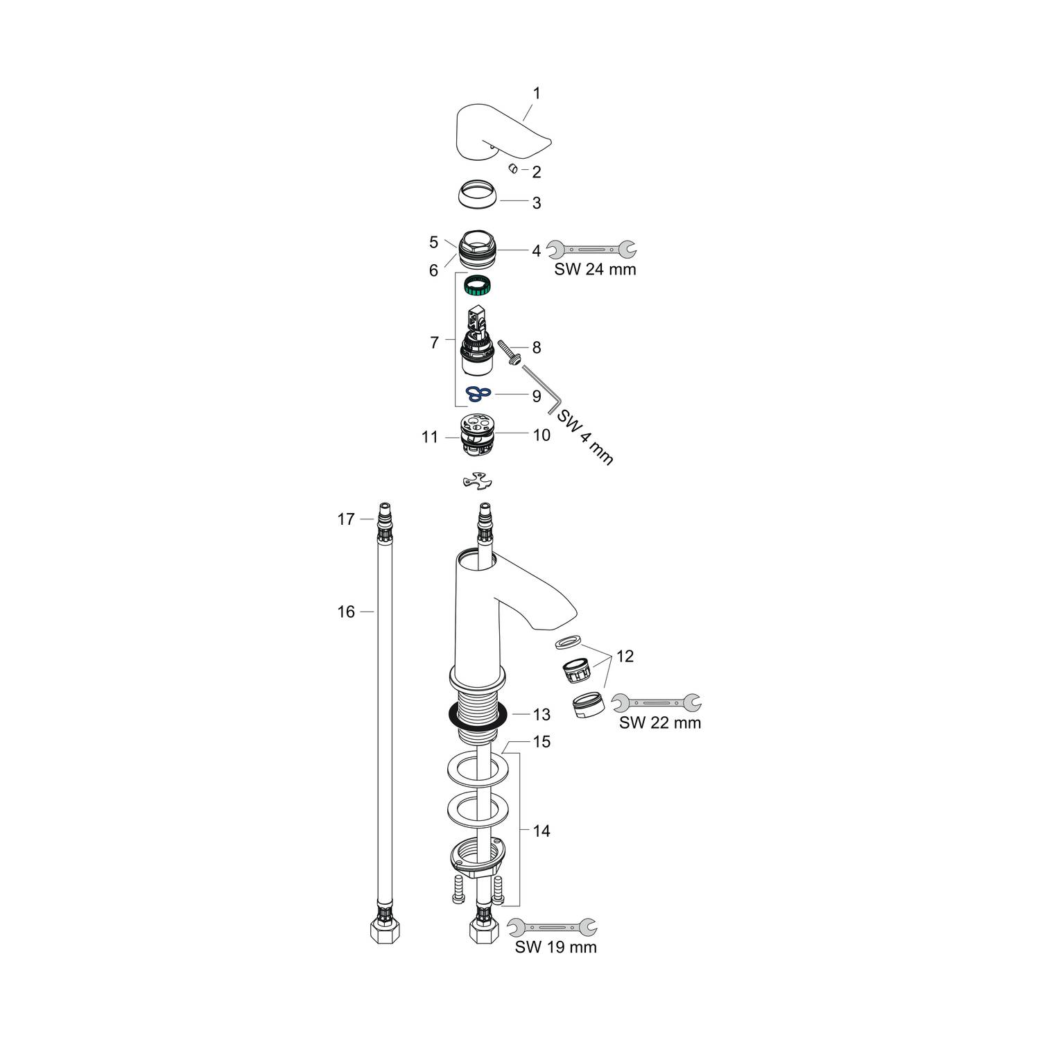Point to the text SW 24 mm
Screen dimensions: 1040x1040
pos(595,269)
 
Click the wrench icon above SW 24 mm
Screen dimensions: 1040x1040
pos(591,249)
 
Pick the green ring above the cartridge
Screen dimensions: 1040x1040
pos(478,284)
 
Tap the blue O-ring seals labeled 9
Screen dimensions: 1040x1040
pos(478,395)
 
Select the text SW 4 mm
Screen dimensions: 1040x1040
pos(584,437)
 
